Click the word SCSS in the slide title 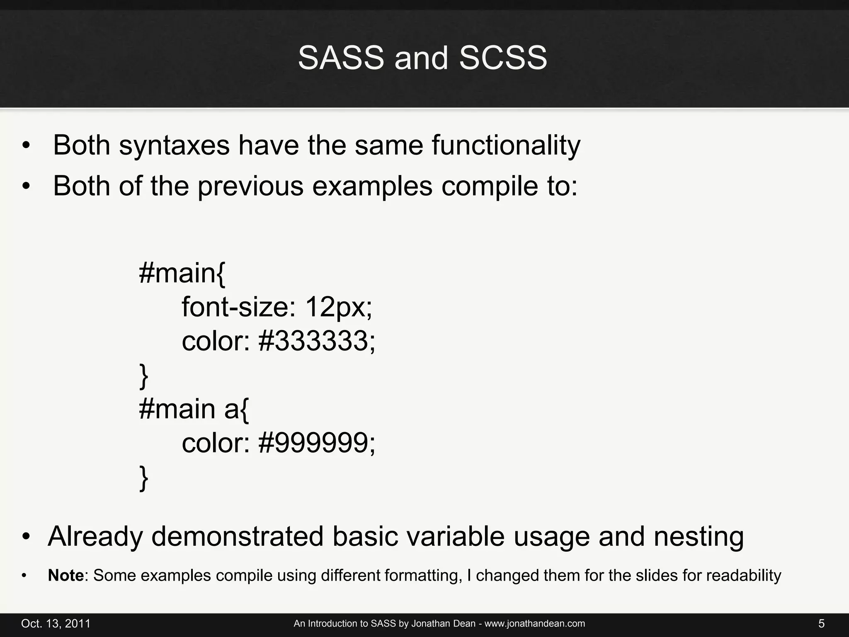click(503, 58)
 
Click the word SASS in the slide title click(341, 58)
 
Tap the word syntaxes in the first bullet click(174, 146)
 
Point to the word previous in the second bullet click(250, 186)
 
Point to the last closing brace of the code click(143, 478)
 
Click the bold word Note click(66, 576)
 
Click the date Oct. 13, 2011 click(56, 624)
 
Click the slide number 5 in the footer click(821, 624)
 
